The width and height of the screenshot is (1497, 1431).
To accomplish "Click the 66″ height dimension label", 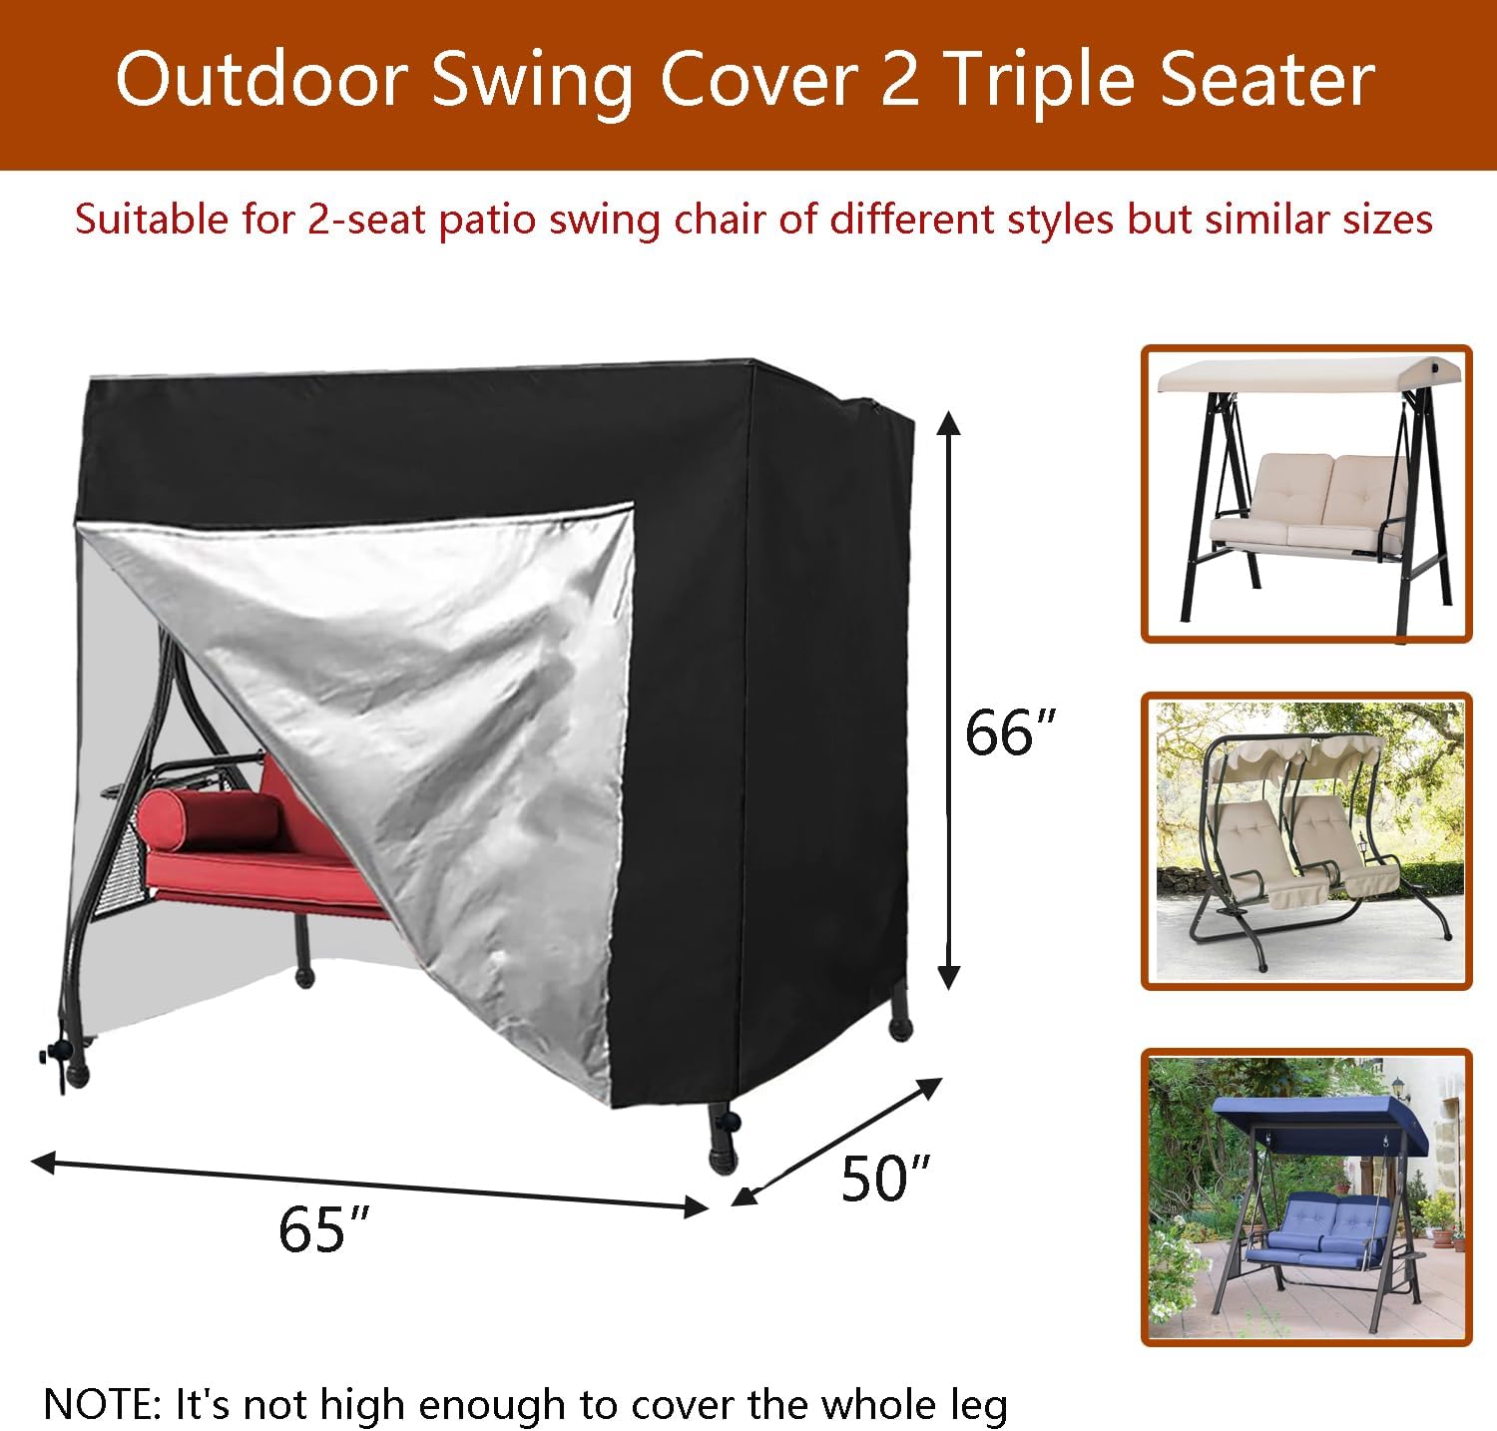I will click(1009, 733).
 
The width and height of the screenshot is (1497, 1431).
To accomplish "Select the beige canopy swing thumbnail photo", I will click(1306, 494).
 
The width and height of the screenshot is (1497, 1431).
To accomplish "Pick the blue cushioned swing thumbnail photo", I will click(1306, 1196).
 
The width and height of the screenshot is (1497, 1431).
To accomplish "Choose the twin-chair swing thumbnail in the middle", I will click(1306, 840).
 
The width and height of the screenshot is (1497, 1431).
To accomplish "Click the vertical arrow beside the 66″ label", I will click(949, 699).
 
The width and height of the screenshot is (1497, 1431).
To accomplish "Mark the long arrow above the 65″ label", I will click(369, 1185).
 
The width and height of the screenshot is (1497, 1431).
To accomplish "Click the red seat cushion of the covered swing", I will click(259, 878).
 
